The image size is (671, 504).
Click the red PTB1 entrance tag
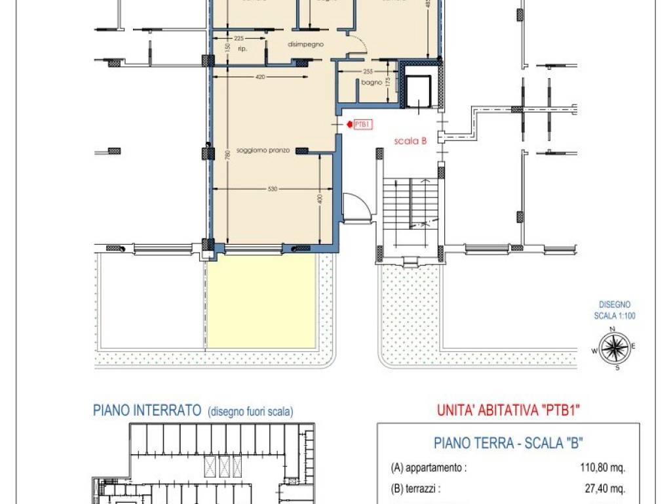click(362, 124)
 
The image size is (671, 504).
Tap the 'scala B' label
click(411, 141)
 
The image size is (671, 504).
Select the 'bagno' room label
click(371, 83)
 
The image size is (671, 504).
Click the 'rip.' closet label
click(242, 49)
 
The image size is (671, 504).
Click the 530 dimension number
click(273, 189)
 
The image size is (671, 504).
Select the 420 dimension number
click(259, 77)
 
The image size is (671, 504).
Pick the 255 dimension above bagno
click(367, 72)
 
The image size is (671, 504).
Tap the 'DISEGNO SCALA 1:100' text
click(615, 310)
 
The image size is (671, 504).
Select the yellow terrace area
click(261, 301)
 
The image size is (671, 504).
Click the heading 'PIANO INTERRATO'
click(146, 411)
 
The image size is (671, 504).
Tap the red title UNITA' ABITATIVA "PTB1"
click(508, 411)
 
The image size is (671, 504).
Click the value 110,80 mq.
click(602, 469)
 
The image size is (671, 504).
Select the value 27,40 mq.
click(605, 489)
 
